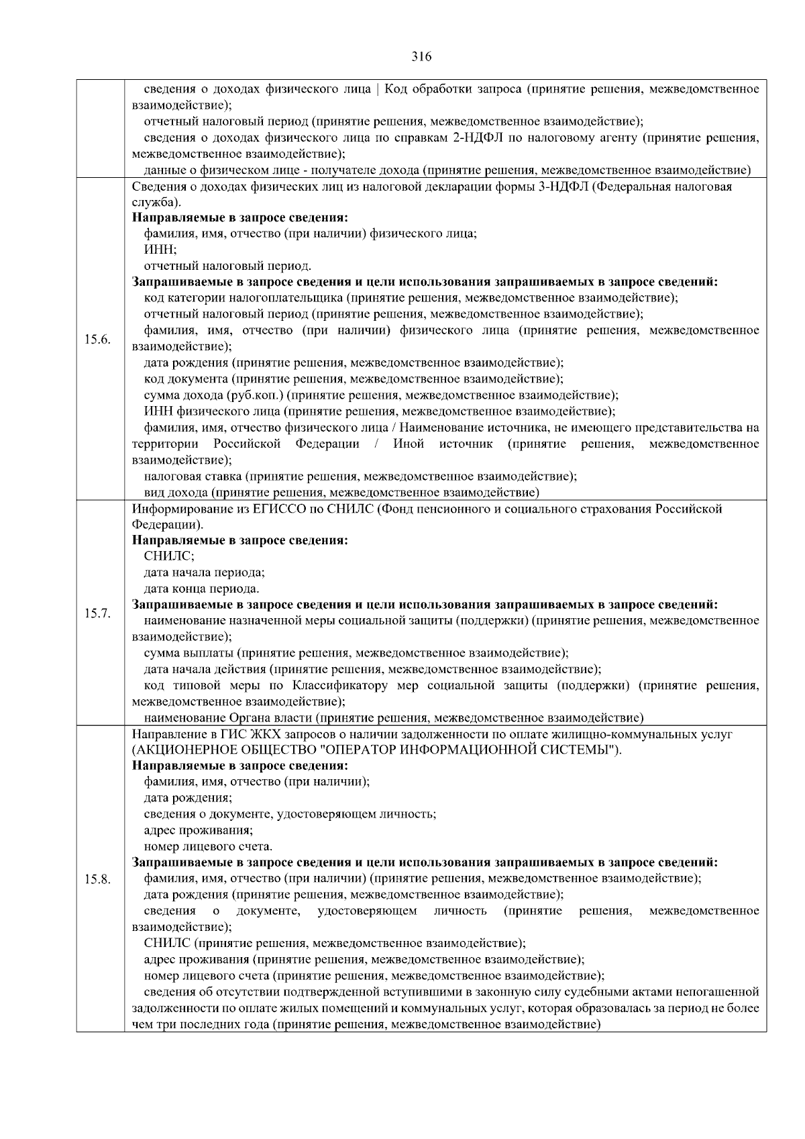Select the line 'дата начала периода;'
(205, 573)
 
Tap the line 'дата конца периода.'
(202, 589)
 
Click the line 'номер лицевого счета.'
(208, 846)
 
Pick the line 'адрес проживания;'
(189, 830)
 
